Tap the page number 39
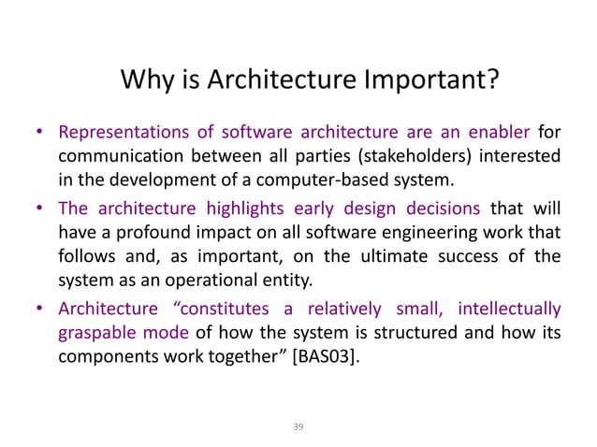(298, 426)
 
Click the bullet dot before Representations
(42, 132)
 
